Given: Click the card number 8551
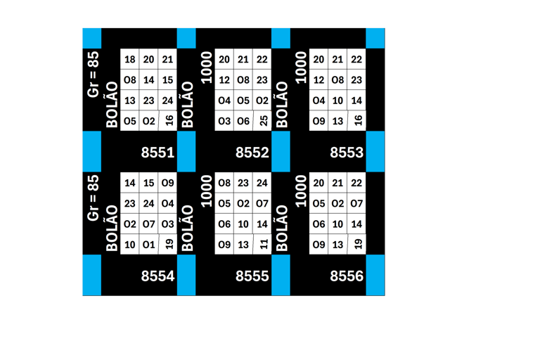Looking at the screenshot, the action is coord(157,152).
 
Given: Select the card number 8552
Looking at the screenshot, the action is coord(252,152).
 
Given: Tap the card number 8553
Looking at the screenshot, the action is coord(347,152).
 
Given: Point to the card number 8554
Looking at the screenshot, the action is coord(157,276).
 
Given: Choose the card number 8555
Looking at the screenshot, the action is coord(252,276).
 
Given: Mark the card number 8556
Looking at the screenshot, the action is coord(347,276).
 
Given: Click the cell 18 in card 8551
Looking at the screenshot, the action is coord(130,60).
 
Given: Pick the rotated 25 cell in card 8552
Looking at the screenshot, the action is coord(263,121).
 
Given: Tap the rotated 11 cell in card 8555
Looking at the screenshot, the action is coord(263,245).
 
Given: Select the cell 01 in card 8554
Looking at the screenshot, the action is coord(148,245).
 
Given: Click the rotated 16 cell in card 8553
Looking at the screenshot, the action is coord(358,121).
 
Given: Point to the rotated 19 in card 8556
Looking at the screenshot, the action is coord(358,245).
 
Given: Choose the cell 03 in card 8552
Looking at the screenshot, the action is coord(224,121).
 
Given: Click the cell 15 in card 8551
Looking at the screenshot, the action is coord(167,80).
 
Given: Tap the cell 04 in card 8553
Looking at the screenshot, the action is coord(319,101).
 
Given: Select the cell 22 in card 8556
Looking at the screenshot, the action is coord(356,183).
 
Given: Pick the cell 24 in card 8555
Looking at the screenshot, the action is coord(262,183).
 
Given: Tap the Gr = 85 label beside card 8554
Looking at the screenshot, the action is coord(93,198).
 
